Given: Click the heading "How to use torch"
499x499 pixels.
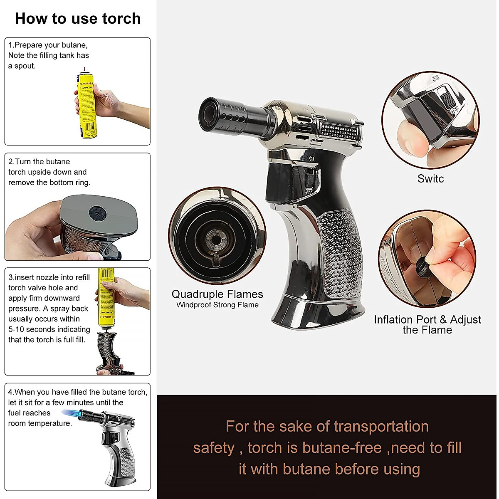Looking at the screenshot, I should (78, 19).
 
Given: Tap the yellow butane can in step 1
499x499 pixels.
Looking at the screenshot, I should (85, 106).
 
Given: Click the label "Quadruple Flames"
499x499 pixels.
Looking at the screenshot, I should (217, 294).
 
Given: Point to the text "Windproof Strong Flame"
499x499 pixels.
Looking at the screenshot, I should (217, 305).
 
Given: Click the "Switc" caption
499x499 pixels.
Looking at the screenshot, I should (430, 179).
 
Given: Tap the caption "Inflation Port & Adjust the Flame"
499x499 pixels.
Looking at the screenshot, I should (427, 325).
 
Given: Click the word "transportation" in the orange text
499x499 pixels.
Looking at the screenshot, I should (381, 427).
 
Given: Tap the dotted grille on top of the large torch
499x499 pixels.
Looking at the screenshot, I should (339, 132).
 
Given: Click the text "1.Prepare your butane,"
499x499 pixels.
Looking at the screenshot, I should (48, 45).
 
